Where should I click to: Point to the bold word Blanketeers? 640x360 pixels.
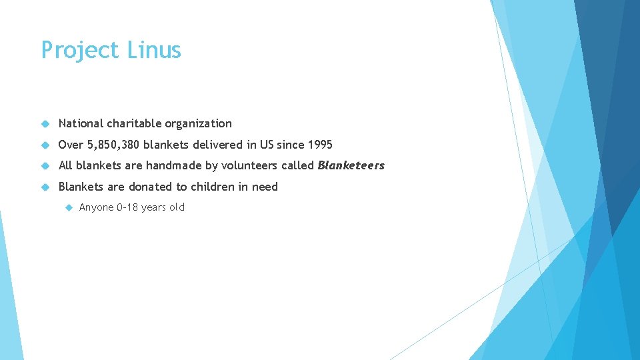pyautogui.click(x=351, y=165)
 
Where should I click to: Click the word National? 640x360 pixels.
pyautogui.click(x=81, y=123)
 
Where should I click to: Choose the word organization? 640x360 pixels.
pyautogui.click(x=199, y=124)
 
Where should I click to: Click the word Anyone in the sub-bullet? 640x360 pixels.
pyautogui.click(x=96, y=207)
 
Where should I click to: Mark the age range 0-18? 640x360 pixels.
pyautogui.click(x=127, y=207)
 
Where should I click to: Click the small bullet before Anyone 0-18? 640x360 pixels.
pyautogui.click(x=68, y=207)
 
